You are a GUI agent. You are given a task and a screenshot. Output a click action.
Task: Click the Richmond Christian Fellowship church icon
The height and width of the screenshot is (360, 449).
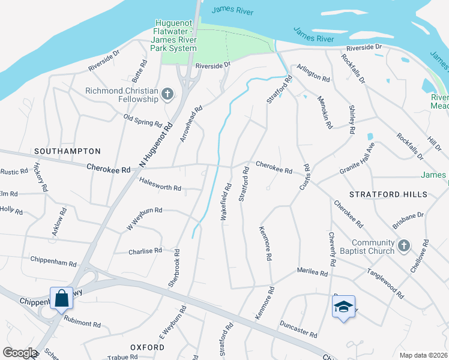tap(167, 94)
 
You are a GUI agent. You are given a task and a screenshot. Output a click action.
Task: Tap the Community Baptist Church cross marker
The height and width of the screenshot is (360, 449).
tap(404, 245)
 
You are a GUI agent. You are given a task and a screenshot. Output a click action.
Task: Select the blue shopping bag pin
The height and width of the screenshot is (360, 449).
tap(61, 298)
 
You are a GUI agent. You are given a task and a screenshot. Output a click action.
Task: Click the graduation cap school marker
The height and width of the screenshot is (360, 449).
tap(343, 307)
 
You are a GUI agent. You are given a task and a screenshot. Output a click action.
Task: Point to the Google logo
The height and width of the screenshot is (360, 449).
tap(20, 353)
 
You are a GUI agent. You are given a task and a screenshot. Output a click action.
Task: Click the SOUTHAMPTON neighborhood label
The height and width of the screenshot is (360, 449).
tap(67, 151)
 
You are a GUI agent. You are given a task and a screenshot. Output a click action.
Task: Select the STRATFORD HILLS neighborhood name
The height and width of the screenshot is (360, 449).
tap(388, 194)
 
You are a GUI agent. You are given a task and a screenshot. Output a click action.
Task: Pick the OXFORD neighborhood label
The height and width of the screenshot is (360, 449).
tap(147, 347)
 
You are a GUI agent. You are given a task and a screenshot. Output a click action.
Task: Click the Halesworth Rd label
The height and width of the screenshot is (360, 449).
tap(160, 188)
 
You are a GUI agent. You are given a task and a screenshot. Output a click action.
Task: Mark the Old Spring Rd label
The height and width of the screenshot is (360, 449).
tap(143, 121)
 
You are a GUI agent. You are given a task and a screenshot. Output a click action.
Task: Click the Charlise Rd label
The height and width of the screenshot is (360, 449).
tap(145, 251)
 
